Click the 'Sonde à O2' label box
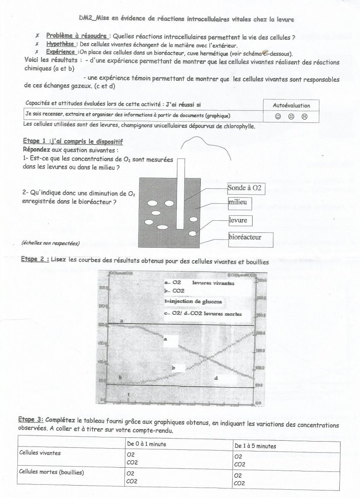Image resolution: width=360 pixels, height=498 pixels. [246, 188]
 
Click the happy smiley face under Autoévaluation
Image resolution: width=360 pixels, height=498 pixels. [278, 117]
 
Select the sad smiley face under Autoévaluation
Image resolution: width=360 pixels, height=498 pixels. [304, 117]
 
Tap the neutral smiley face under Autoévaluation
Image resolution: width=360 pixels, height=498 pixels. [291, 117]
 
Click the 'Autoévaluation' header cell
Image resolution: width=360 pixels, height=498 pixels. [291, 105]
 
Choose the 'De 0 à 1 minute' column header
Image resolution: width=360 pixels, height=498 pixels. [146, 444]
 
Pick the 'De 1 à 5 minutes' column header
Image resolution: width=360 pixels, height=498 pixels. [255, 446]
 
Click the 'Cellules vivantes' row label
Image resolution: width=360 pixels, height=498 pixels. [40, 453]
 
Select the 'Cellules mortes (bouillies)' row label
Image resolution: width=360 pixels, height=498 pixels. [51, 471]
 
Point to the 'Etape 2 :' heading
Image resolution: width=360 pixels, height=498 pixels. [35, 259]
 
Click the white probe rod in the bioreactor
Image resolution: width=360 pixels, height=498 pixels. [180, 193]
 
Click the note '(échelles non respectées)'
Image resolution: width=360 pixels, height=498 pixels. [51, 243]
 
